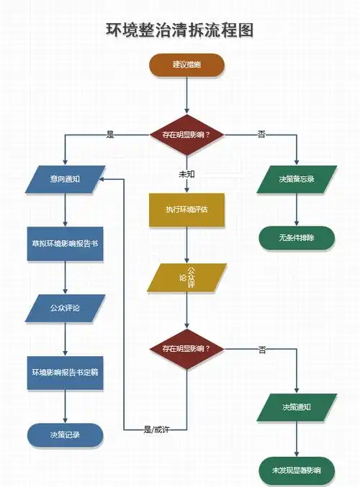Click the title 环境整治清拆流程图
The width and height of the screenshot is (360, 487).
pyautogui.click(x=180, y=30)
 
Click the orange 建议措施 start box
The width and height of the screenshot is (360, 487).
pyautogui.click(x=187, y=65)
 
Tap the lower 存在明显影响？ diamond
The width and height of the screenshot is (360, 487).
pyautogui.click(x=187, y=350)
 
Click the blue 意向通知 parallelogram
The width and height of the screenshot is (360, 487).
pyautogui.click(x=66, y=179)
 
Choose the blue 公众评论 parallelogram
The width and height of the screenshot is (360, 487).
pyautogui.click(x=66, y=308)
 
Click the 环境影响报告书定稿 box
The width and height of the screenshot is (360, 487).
pyautogui.click(x=66, y=372)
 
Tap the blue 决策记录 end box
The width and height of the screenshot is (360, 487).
pyautogui.click(x=66, y=435)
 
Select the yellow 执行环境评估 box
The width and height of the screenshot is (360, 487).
pyautogui.click(x=187, y=209)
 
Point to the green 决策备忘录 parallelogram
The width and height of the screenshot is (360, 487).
pyautogui.click(x=297, y=179)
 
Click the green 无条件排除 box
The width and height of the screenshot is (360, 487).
pyautogui.click(x=297, y=237)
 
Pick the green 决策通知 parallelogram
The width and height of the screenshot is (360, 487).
pyautogui.click(x=297, y=407)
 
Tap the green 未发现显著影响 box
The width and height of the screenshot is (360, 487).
pyautogui.click(x=297, y=470)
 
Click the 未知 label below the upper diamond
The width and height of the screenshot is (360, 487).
pyautogui.click(x=187, y=174)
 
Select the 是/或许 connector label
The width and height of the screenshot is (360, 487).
pyautogui.click(x=156, y=429)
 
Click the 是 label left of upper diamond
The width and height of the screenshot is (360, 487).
pyautogui.click(x=110, y=133)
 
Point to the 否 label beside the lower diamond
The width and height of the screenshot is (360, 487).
pyautogui.click(x=262, y=350)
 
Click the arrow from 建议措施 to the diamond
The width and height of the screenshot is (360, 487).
pyautogui.click(x=187, y=94)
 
